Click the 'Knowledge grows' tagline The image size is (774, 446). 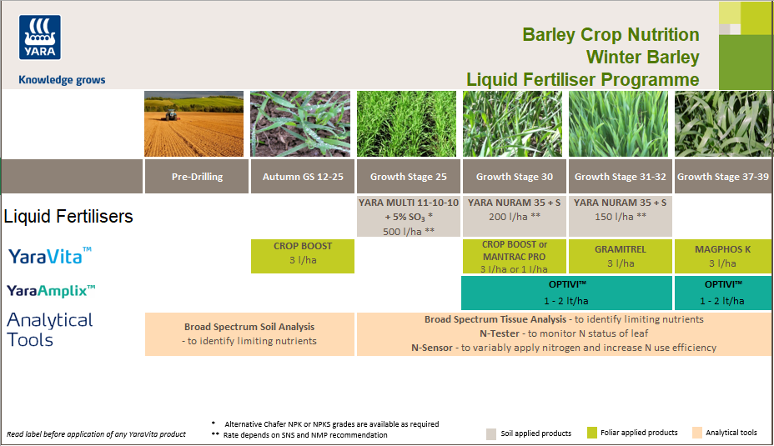click(x=62, y=80)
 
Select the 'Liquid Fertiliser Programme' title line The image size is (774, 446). click(x=582, y=80)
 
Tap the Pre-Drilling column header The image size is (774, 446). click(x=197, y=177)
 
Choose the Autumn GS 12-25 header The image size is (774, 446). click(x=303, y=177)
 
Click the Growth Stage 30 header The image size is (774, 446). click(x=514, y=177)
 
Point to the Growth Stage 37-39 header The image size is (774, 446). click(x=722, y=177)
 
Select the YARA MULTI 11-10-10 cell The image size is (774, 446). click(x=408, y=217)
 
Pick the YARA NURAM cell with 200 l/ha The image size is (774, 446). click(x=514, y=209)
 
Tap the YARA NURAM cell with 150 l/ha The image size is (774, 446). click(x=620, y=209)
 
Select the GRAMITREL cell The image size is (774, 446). click(x=620, y=256)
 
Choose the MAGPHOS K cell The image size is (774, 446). click(x=722, y=256)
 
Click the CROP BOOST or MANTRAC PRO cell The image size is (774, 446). click(x=514, y=256)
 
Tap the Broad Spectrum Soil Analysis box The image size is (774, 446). click(x=249, y=334)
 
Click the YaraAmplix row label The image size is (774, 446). click(x=52, y=291)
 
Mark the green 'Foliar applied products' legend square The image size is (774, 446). click(x=592, y=433)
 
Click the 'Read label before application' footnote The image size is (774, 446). click(x=96, y=434)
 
